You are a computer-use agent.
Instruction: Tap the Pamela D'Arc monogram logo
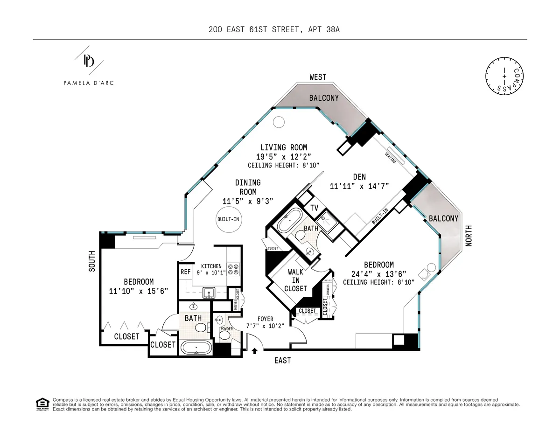coord(89,61)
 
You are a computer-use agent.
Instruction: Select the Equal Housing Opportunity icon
coord(42,404)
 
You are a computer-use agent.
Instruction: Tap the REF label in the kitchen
coord(185,272)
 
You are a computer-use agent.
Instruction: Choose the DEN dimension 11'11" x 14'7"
coord(360,186)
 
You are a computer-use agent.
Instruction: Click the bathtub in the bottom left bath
coord(196,348)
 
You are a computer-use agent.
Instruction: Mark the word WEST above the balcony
coord(317,77)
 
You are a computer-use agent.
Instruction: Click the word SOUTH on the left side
coord(91,261)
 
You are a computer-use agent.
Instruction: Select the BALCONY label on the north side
coord(443,218)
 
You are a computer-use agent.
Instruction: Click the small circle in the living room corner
coord(278,122)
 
